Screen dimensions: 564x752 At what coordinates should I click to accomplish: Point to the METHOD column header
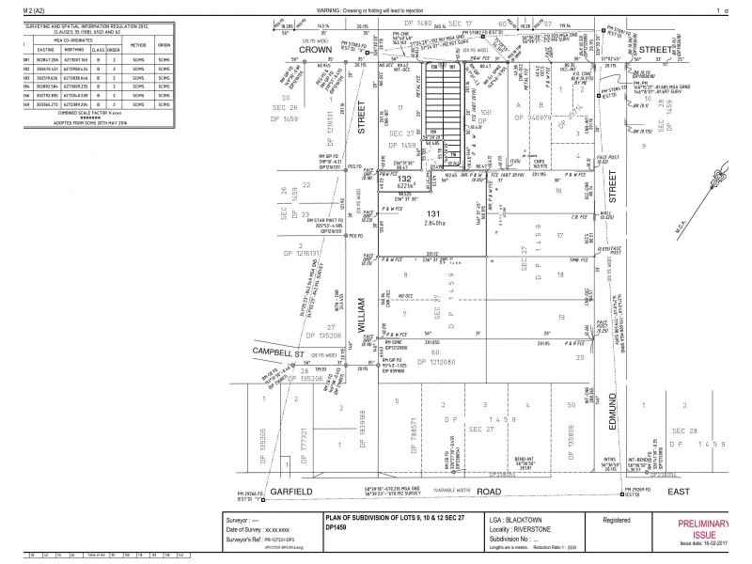pyautogui.click(x=137, y=44)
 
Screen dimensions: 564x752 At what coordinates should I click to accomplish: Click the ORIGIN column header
pyautogui.click(x=164, y=44)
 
